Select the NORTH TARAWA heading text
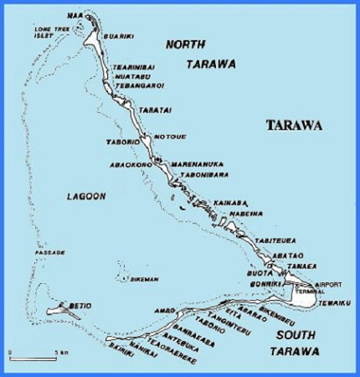coord(200,54)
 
